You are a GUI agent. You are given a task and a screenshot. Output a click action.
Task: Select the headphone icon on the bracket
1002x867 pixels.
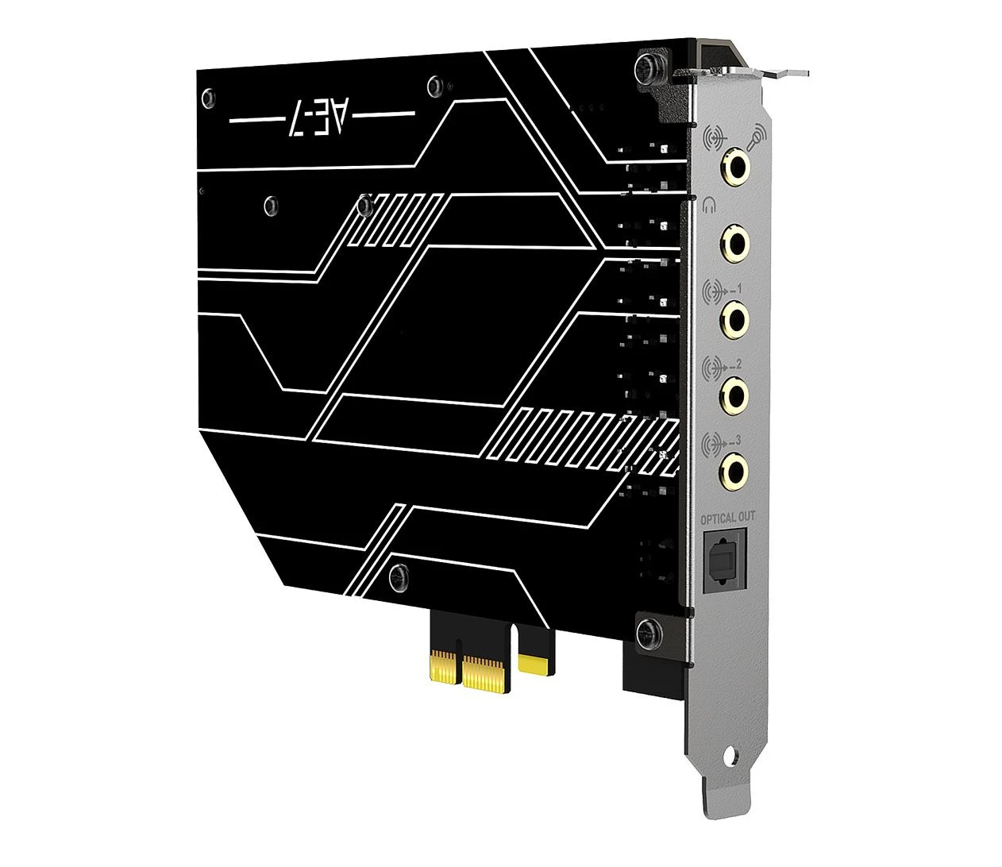click(709, 206)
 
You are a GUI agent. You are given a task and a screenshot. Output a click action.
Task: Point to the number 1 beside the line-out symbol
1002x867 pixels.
click(738, 289)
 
